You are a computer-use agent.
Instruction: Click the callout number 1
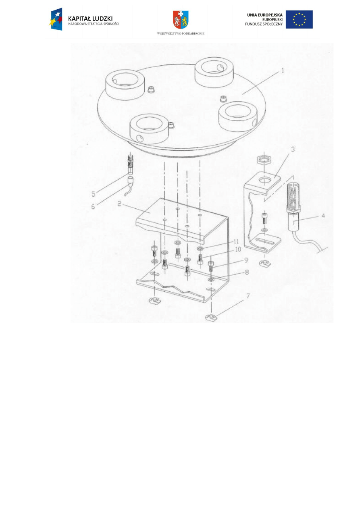[283, 71]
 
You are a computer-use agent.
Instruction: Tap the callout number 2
[119, 204]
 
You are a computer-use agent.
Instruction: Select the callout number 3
[293, 149]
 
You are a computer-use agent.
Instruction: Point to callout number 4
[323, 216]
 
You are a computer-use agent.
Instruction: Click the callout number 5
[94, 194]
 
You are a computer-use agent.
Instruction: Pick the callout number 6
[93, 207]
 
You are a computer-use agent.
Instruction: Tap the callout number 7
[248, 296]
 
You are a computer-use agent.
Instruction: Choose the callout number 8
[247, 272]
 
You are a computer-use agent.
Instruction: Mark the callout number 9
[246, 260]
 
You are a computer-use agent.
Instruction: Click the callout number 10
[238, 249]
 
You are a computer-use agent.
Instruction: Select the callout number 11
[236, 241]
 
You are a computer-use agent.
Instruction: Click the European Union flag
[299, 19]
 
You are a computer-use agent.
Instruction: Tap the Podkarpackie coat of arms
[181, 20]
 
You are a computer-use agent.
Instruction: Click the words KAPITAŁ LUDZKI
[90, 19]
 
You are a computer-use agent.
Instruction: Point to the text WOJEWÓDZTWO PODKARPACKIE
[181, 33]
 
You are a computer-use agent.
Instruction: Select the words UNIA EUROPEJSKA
[265, 15]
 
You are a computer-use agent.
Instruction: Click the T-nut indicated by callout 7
[211, 318]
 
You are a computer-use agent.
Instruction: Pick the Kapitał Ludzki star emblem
[56, 19]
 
